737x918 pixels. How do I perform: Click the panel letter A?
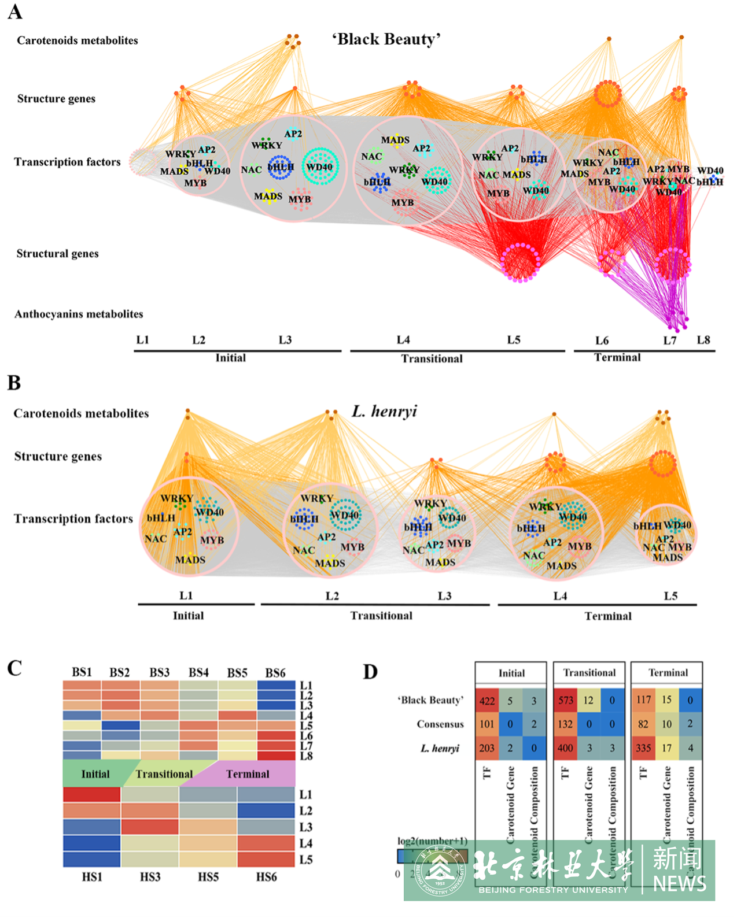point(15,12)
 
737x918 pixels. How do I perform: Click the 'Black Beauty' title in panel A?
point(386,39)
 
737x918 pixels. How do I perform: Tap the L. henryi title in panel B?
point(384,412)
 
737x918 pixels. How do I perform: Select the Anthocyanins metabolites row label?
point(79,314)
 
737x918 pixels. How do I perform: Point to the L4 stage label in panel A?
point(403,340)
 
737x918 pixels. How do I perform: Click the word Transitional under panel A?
point(432,358)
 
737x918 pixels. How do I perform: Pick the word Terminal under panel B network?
point(608,616)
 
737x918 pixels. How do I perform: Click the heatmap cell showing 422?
point(487,701)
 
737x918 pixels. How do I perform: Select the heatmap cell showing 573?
point(565,701)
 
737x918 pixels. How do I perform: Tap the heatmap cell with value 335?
point(643,748)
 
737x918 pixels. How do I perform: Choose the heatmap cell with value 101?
point(487,724)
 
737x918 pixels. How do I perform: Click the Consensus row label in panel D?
point(440,724)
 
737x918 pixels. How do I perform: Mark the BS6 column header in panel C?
point(275,673)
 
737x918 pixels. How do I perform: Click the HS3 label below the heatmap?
point(150,877)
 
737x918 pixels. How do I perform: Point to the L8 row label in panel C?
point(306,756)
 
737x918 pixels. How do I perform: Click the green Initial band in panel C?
point(95,774)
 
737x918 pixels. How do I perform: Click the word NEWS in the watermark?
point(679,884)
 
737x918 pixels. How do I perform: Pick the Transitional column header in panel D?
point(589,673)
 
